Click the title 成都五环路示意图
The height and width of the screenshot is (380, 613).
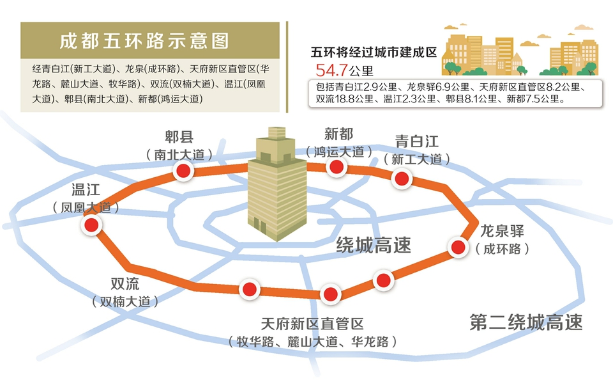point(144,41)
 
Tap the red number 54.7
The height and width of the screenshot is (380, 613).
point(331,70)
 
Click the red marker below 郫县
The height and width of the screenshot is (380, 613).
point(183,171)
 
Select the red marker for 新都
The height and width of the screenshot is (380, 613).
point(337,167)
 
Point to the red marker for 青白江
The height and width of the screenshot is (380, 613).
point(402,179)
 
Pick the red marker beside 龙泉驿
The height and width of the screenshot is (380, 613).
point(458,247)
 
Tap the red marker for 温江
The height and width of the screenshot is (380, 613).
point(91,225)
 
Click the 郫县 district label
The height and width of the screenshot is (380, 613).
point(179,137)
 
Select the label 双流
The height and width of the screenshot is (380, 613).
point(125,283)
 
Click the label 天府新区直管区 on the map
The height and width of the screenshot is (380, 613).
point(312,324)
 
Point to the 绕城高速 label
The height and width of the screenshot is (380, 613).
point(374,246)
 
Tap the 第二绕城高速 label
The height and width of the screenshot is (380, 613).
point(526,322)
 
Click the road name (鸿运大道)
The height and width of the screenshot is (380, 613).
point(339,152)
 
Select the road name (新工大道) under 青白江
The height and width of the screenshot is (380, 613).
point(417,159)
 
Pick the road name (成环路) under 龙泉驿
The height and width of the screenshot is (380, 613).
point(503,249)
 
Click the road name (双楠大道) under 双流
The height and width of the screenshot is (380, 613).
point(125,301)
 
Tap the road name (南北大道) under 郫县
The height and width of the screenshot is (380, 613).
point(179,155)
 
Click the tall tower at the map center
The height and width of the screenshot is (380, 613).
point(276,184)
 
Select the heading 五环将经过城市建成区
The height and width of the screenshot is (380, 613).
point(374,52)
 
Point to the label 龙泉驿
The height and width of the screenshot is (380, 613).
point(502,231)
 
